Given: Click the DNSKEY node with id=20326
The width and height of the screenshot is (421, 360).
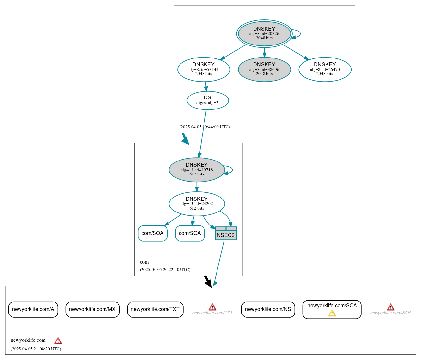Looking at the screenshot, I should coord(264,33).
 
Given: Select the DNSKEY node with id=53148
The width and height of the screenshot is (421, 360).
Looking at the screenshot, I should coord(204,69).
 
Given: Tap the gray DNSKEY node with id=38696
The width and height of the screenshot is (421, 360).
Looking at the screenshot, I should coord(264,69).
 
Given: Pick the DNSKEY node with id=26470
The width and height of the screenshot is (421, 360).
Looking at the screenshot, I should coord(325,69).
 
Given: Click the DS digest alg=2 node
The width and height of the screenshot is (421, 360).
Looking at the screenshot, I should coord(207,100).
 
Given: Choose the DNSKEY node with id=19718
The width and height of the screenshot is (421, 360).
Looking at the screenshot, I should coord(197,170).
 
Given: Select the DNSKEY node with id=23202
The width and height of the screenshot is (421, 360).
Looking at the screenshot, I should coord(197,204).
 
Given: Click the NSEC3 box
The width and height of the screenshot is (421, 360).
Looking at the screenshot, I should coord(226,234).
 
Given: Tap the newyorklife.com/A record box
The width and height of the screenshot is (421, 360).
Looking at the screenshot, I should coord(33,309).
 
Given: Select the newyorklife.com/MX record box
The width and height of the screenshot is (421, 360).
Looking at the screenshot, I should coord(92,309).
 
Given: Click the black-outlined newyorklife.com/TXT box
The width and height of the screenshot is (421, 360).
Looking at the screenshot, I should coord(155,309).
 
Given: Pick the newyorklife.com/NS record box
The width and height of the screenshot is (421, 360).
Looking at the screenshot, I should coord(268,309).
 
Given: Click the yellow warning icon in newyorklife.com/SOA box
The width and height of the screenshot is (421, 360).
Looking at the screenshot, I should coord(332,313).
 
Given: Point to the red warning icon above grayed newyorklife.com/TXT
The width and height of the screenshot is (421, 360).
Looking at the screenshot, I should coord(212,307).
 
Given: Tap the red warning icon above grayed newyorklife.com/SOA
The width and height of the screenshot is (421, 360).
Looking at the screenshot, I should coord(390,307).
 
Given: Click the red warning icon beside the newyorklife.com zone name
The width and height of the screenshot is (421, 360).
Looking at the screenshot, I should coord(58,341).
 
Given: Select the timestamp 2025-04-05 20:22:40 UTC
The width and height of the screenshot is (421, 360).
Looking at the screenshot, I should coord(165,270).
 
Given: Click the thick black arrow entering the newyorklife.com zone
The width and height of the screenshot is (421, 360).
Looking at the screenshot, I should coord(208,281).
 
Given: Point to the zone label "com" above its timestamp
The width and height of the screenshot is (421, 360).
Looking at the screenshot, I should coord(144,262).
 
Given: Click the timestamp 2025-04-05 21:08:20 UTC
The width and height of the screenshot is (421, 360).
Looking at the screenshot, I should coord(36,349).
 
